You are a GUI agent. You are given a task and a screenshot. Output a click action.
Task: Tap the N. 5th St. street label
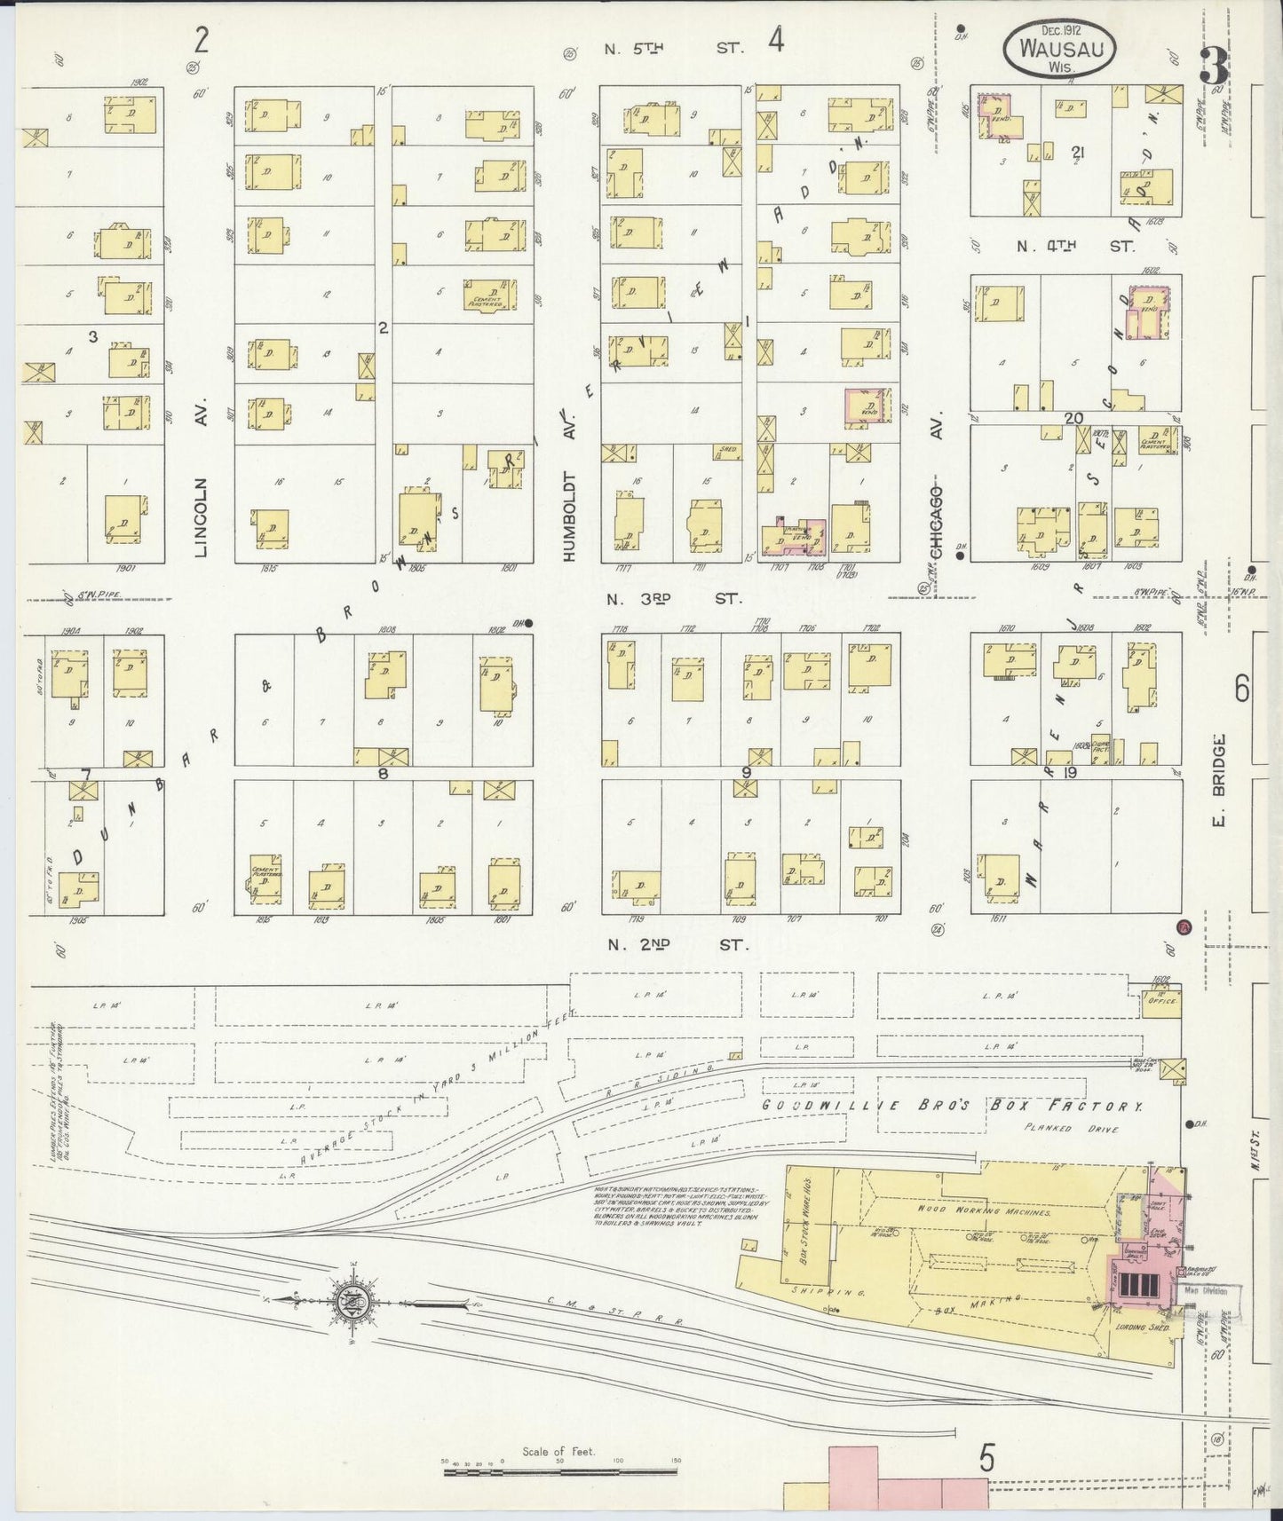[x=673, y=49]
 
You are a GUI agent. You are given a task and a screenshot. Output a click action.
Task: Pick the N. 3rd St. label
[x=673, y=600]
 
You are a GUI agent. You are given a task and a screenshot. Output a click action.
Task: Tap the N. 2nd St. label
[x=677, y=944]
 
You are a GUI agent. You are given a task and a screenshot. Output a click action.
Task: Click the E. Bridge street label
[x=1221, y=781]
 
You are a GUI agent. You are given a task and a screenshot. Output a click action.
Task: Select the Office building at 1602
[x=1161, y=1001]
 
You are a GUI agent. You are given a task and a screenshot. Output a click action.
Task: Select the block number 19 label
[x=1070, y=773]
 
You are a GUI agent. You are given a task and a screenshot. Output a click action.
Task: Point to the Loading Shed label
[x=1140, y=1328]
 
